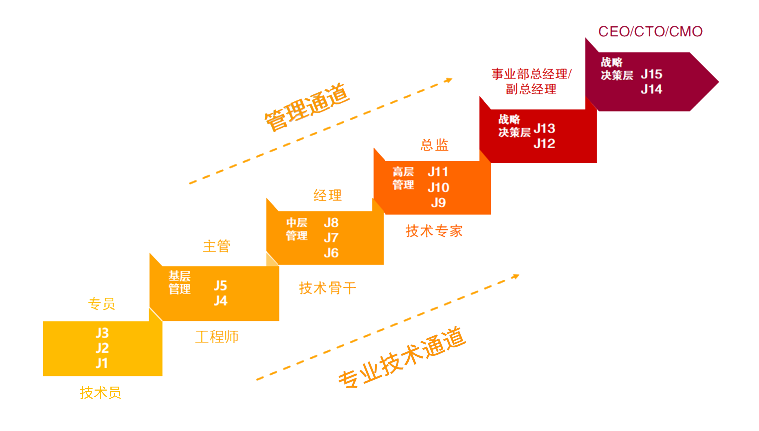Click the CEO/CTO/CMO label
tap(650, 32)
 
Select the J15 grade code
tap(651, 74)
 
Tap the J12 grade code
tap(544, 144)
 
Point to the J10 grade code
tap(438, 187)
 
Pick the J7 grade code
tap(331, 238)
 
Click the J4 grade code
tap(221, 301)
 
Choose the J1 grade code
tap(102, 363)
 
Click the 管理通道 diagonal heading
tap(307, 107)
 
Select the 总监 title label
tap(434, 145)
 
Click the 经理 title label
tap(327, 195)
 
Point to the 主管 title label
tap(216, 246)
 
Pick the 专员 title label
tap(101, 304)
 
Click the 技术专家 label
tap(434, 231)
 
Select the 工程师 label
tap(216, 337)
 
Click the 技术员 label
tap(100, 393)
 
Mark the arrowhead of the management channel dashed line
tap(449, 80)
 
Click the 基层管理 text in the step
tap(180, 282)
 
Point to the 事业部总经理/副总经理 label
tap(531, 81)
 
